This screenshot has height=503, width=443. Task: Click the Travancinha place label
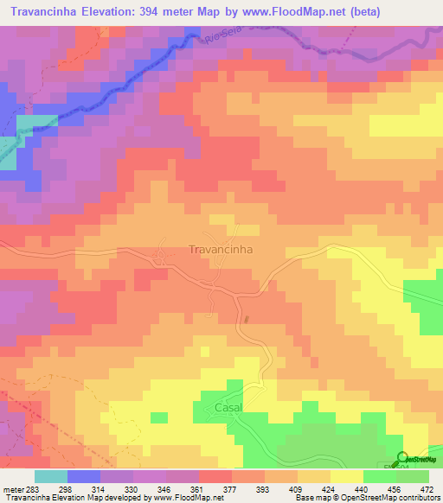[219, 249]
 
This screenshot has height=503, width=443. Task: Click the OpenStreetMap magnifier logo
[402, 458]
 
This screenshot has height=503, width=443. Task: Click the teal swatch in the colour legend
[51, 476]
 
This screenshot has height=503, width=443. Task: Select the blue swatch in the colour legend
[84, 476]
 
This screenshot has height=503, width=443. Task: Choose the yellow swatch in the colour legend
[347, 476]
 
